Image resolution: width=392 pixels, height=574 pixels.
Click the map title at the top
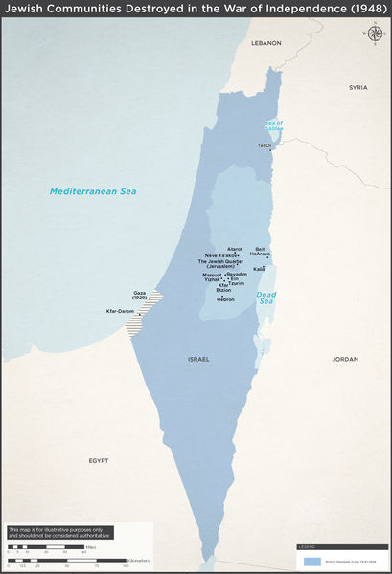point(196,10)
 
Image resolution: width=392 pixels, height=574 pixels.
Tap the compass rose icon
point(372,35)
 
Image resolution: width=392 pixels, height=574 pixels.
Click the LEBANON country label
point(267,43)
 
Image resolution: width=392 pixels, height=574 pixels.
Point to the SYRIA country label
point(357,87)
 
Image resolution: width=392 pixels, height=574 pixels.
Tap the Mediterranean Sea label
point(93,191)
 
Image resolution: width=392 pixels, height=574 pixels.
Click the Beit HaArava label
point(263,252)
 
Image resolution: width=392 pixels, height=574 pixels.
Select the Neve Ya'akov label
point(220,256)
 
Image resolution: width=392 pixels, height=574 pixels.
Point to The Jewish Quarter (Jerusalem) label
point(220,265)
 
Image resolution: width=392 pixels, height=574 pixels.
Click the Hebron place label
point(226,299)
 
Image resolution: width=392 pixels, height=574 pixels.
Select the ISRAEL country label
point(198,359)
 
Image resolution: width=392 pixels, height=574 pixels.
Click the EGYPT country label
point(99,460)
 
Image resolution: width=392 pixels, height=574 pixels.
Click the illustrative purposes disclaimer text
point(59,532)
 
